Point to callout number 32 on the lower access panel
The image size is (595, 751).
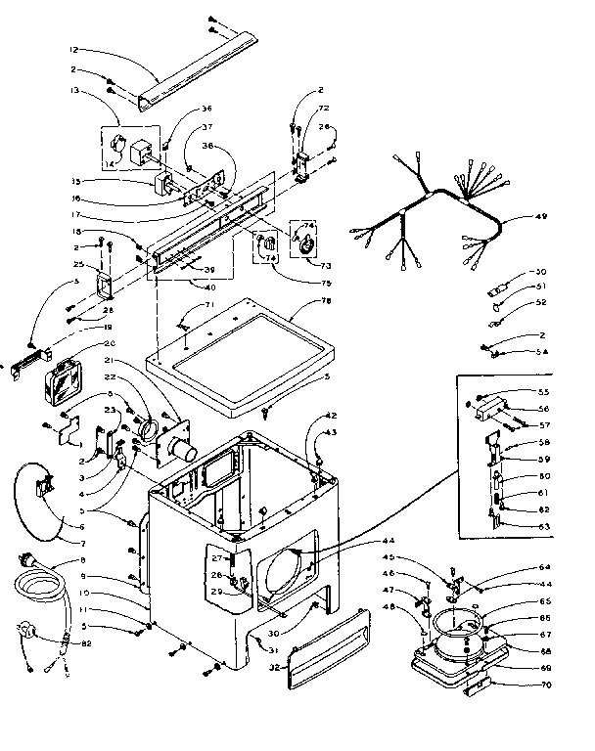(x=276, y=668)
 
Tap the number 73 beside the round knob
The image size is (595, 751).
(x=326, y=264)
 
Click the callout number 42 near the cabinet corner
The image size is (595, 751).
(x=332, y=416)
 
